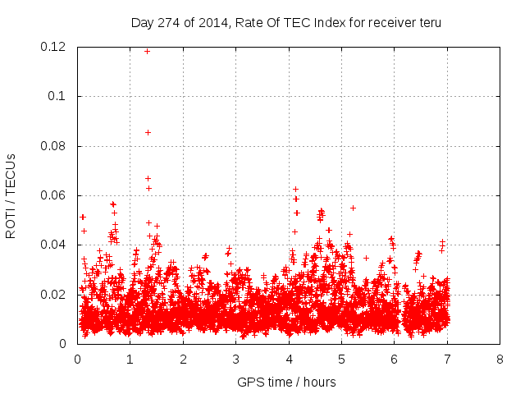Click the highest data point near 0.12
pos(148,51)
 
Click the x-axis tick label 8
pos(500,359)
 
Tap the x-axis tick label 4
pos(289,359)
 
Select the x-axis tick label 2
pos(183,359)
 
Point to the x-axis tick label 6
pos(395,359)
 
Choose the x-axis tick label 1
pos(130,359)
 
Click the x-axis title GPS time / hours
pos(286,382)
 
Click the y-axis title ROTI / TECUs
pos(11,195)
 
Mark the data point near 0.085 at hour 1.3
pos(148,132)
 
